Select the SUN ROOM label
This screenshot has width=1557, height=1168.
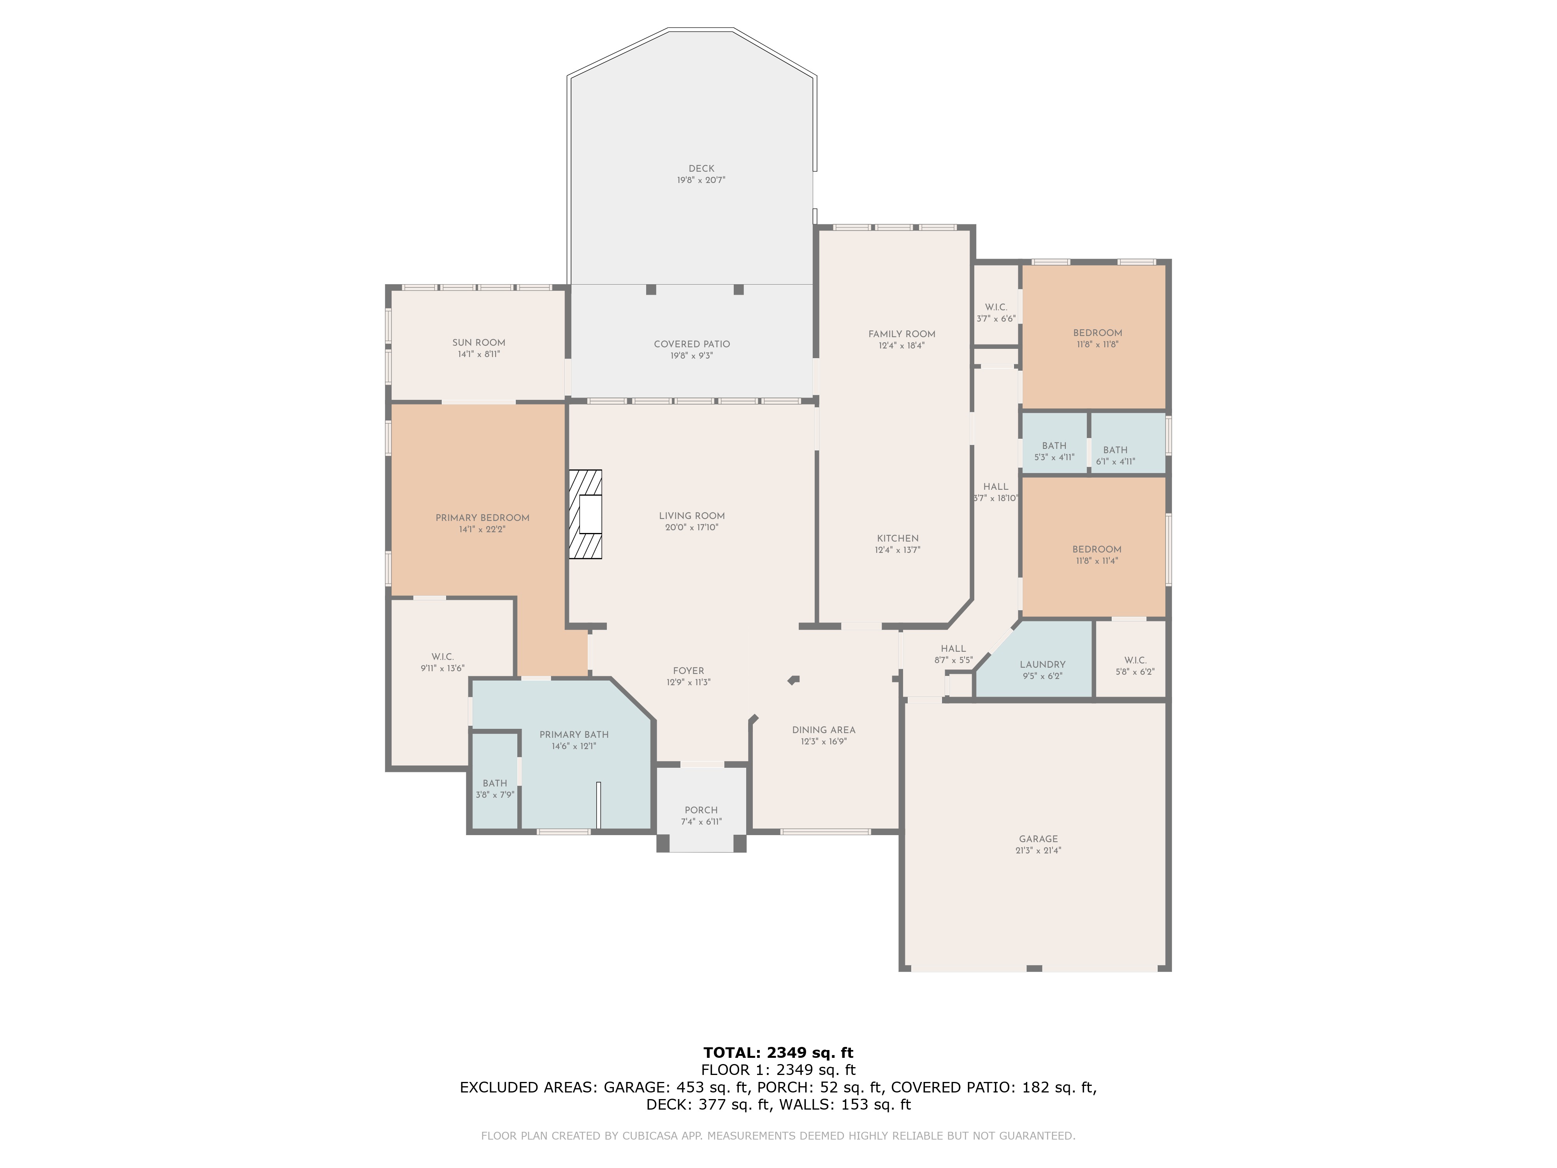point(479,343)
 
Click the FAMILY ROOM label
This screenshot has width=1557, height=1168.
point(902,334)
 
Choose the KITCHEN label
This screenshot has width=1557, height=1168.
point(898,538)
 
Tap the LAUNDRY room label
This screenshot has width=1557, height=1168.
point(1042,665)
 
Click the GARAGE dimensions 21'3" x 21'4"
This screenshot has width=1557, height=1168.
point(1038,850)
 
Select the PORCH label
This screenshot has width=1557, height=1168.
point(701,810)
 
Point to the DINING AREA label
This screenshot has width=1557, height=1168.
point(824,730)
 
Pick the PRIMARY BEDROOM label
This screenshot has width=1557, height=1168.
point(482,518)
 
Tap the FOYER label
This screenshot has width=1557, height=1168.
point(689,671)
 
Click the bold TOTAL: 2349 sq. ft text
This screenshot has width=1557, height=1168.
point(778,1052)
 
